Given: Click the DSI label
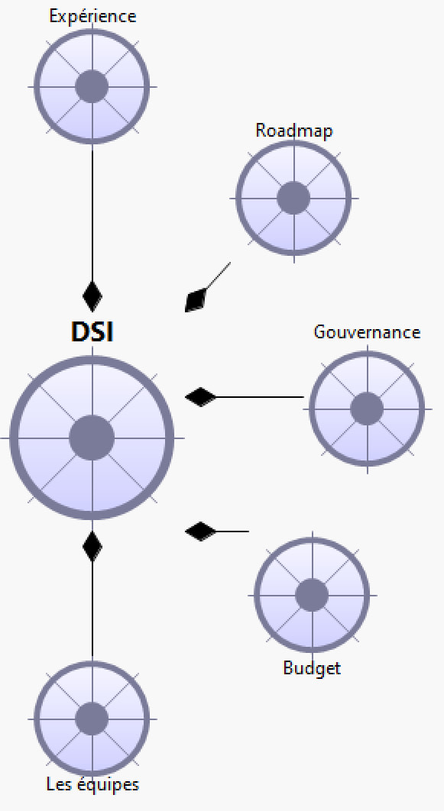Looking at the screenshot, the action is pos(92,331).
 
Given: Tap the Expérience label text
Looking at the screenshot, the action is pos(92,16).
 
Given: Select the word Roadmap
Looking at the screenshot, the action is pos(294,131).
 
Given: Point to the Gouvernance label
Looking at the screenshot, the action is pos(367,331).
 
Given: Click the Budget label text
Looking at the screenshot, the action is pos(312,667).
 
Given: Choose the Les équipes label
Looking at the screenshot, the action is pos(92,784).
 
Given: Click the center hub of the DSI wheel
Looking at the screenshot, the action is pos(92,438).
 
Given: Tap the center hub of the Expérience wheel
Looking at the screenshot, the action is pos(92,86).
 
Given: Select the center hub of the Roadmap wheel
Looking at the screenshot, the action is pos(293,198).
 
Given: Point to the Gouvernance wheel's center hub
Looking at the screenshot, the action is pos(367,409).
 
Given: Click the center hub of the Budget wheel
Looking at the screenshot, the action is pos(312,596).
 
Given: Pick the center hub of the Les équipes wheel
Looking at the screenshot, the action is pos(92,719).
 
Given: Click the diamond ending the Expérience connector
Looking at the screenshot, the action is pos(92,296).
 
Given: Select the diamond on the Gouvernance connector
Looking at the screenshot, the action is pos(201,397).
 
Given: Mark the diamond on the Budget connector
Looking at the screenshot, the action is pos(201,532).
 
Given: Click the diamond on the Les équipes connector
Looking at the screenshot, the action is pos(92,546).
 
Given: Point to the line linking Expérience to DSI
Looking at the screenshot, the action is pos(92,212).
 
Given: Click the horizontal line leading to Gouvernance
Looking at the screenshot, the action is pos(260,397).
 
